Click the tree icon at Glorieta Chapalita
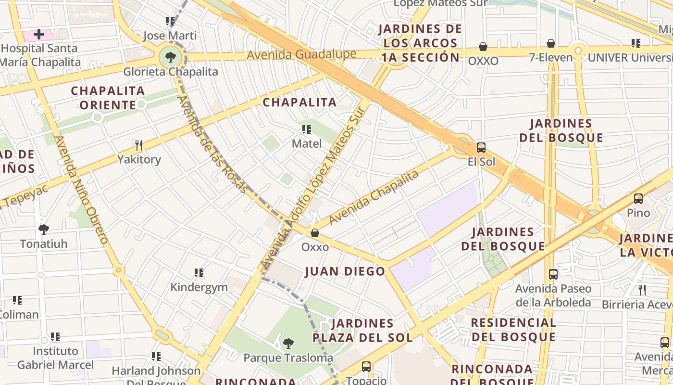(170, 58)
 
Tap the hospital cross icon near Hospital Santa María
(39, 34)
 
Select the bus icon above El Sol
(481, 148)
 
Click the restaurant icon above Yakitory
(139, 145)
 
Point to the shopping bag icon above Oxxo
(315, 233)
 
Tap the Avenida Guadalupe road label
(301, 54)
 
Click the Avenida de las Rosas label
(212, 144)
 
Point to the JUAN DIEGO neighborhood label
(345, 271)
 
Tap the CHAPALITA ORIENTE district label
(108, 98)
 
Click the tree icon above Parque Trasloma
(288, 344)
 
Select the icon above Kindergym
(199, 273)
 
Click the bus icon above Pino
(638, 198)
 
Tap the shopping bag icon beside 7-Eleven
(551, 44)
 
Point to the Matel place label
(307, 143)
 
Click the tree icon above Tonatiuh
(44, 230)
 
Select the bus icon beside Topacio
(366, 367)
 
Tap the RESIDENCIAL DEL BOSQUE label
(513, 330)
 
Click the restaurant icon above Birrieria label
(642, 290)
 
